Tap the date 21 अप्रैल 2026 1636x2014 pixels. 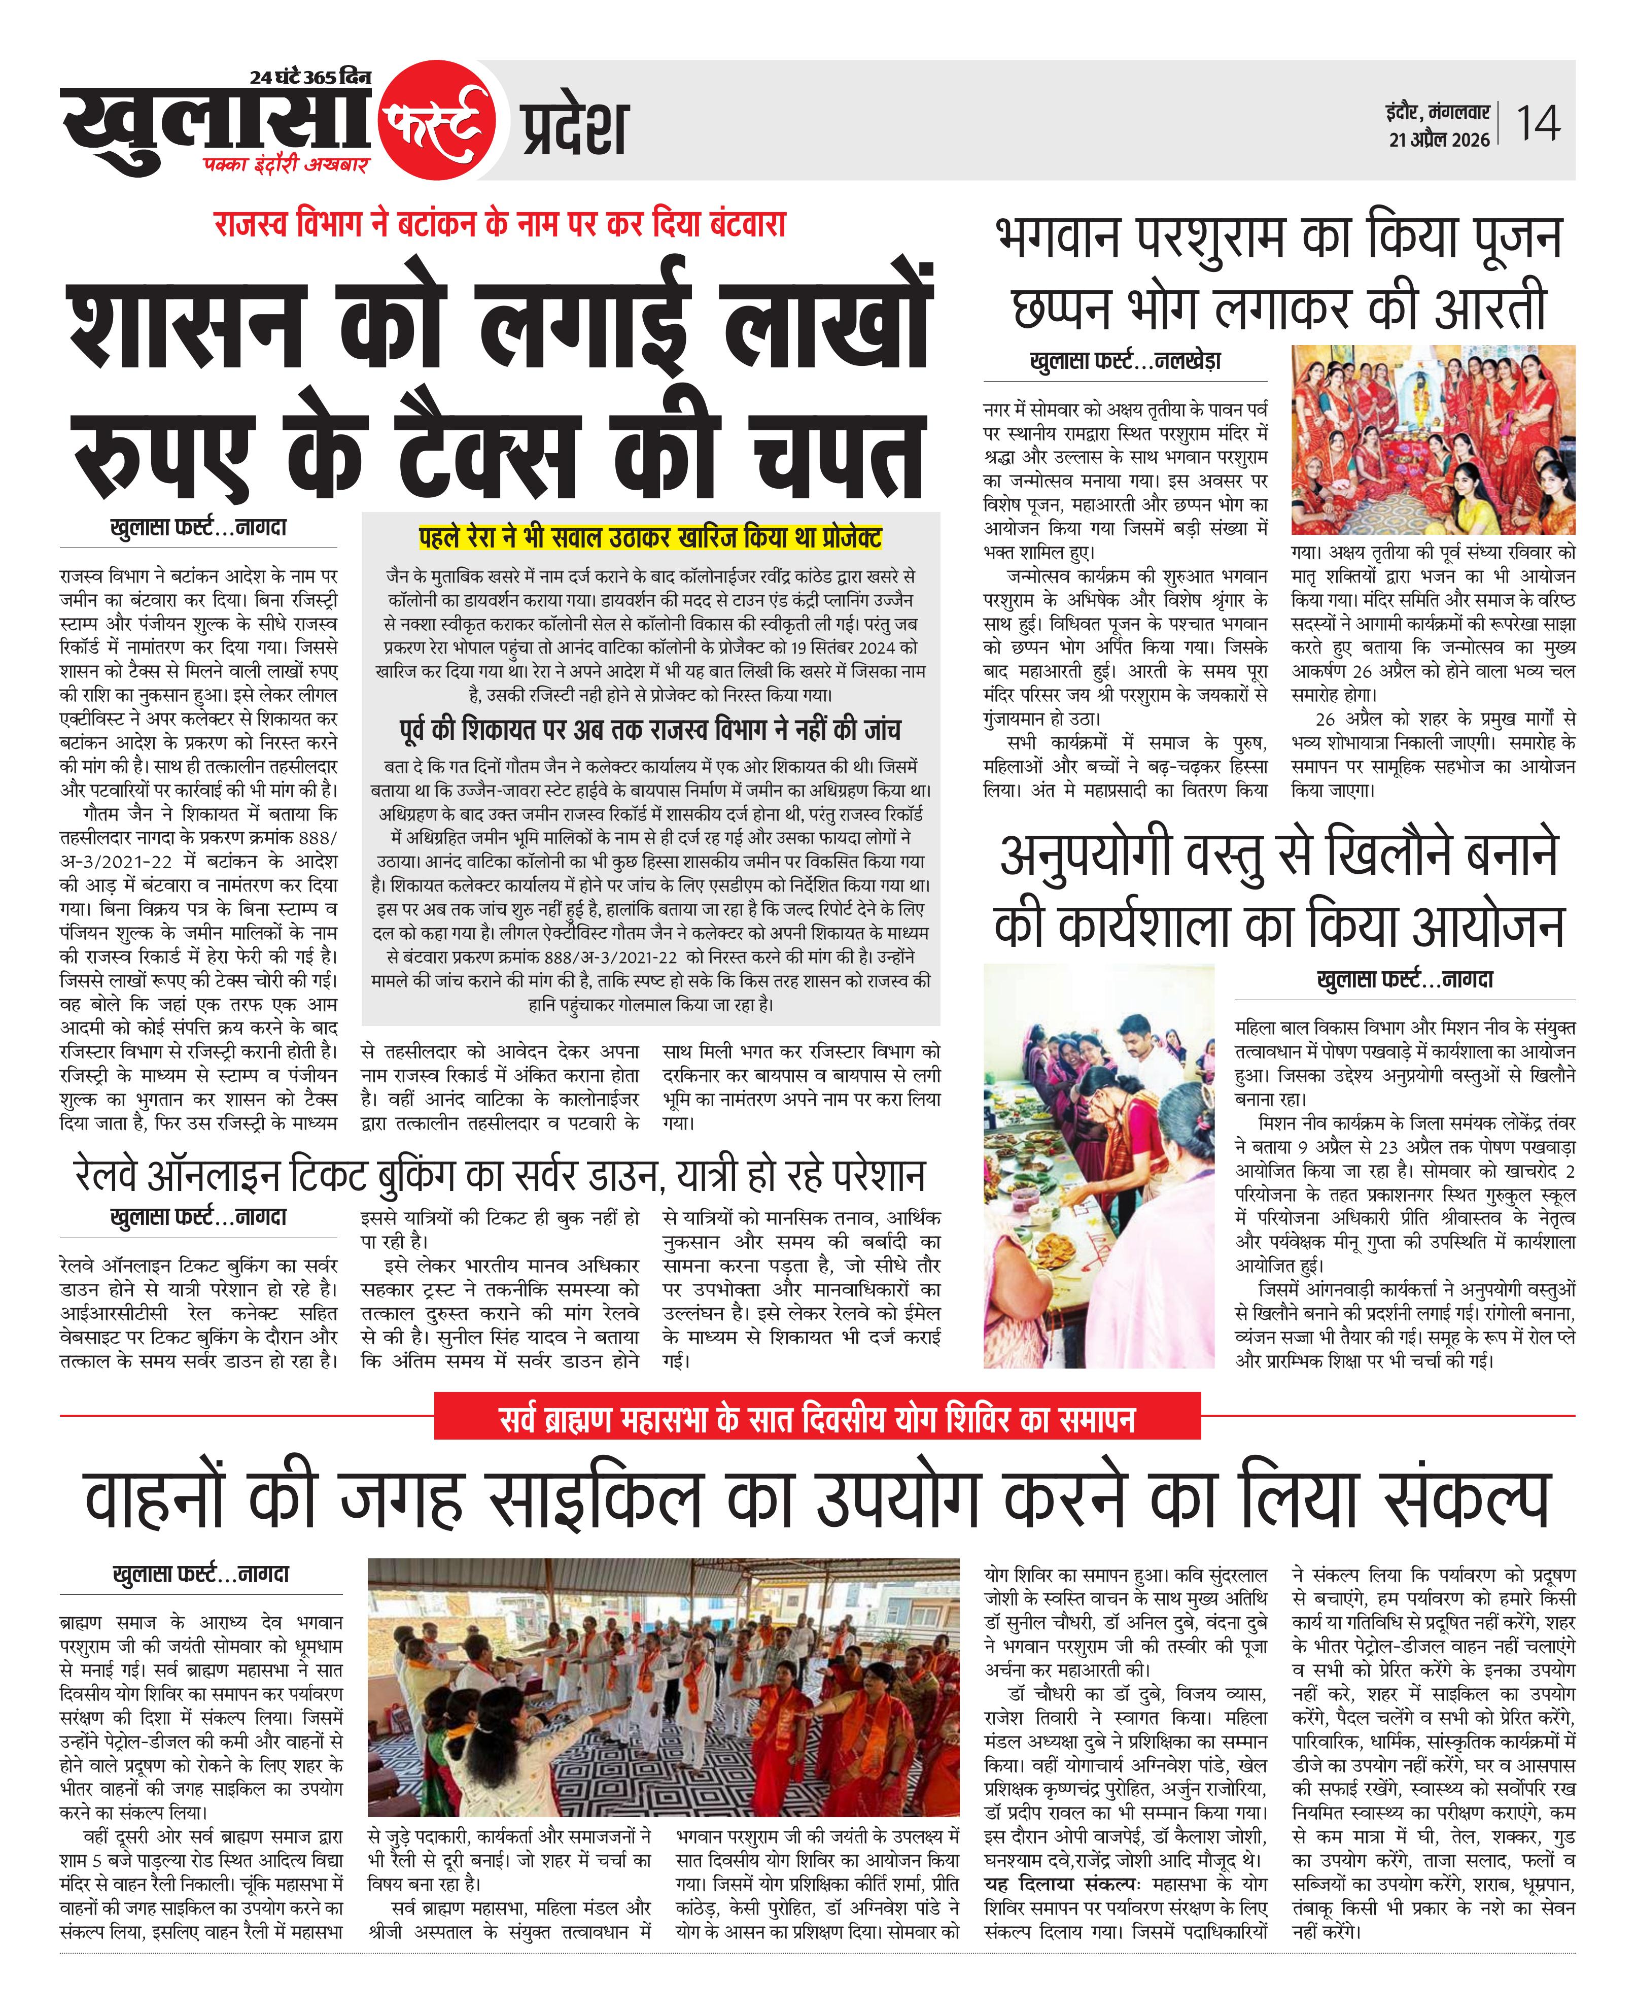(1439, 140)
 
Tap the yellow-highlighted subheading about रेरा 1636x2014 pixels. (650, 538)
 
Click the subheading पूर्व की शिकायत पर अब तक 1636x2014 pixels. (650, 730)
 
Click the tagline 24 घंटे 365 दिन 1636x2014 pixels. (310, 77)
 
